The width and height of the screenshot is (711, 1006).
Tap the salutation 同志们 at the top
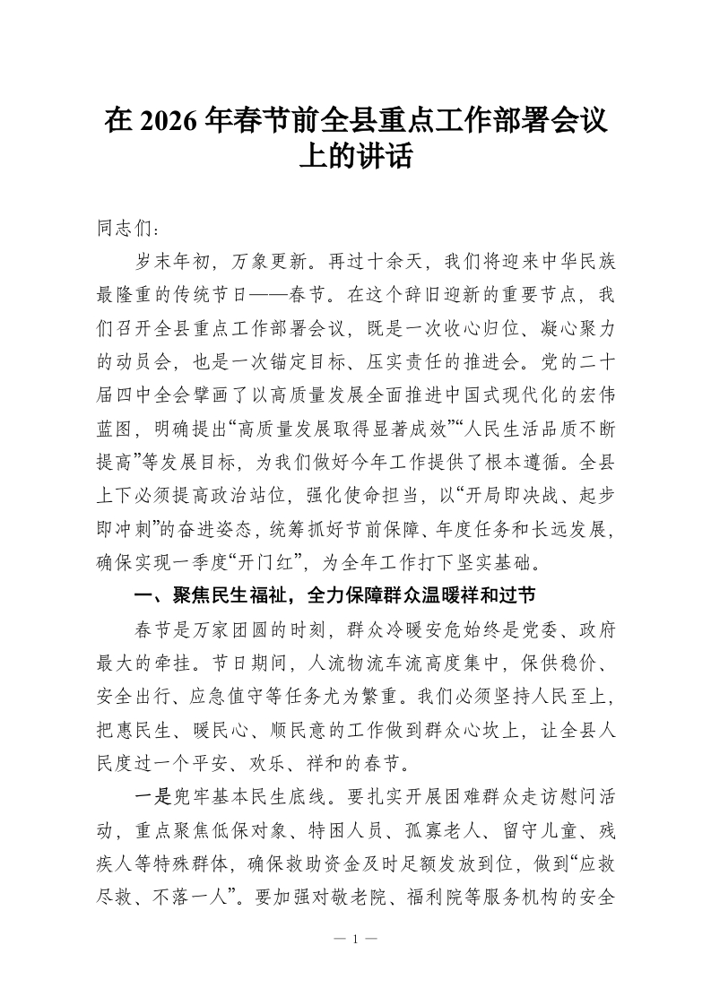[126, 230]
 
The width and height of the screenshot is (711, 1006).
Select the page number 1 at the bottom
[355, 939]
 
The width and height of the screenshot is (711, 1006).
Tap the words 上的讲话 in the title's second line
[355, 158]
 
